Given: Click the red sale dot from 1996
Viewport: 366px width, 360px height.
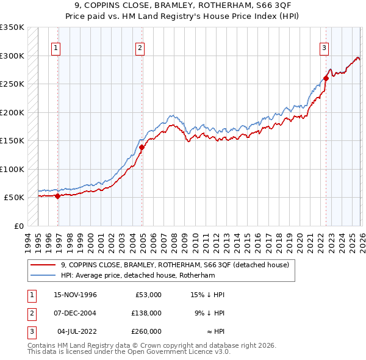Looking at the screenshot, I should click(57, 196).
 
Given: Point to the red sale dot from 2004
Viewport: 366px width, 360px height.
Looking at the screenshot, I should click(142, 147).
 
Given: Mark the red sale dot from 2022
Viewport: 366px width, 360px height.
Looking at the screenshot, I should click(326, 78).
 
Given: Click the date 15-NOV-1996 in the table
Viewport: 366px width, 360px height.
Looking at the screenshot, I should click(75, 295).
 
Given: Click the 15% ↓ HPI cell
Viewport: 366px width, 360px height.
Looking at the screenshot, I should click(208, 295).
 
